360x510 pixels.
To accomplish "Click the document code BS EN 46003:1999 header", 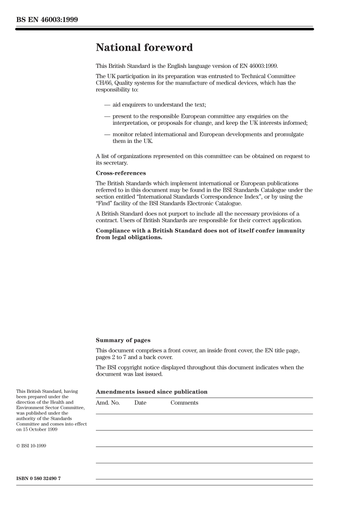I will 47,20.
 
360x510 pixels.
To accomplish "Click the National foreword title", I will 144,47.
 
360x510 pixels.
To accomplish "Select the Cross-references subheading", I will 121,173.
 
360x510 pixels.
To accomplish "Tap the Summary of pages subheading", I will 123,340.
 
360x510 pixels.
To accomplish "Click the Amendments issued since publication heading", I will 152,392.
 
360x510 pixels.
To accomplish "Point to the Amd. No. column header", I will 108,403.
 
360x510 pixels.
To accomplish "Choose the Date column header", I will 140,403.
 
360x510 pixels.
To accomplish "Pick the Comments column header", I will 184,403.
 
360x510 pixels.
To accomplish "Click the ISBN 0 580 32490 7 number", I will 38,478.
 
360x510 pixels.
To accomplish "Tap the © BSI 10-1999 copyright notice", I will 31,446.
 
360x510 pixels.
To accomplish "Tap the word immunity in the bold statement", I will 290,231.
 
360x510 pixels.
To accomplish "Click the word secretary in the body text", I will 116,163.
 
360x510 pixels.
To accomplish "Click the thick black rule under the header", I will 164,29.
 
